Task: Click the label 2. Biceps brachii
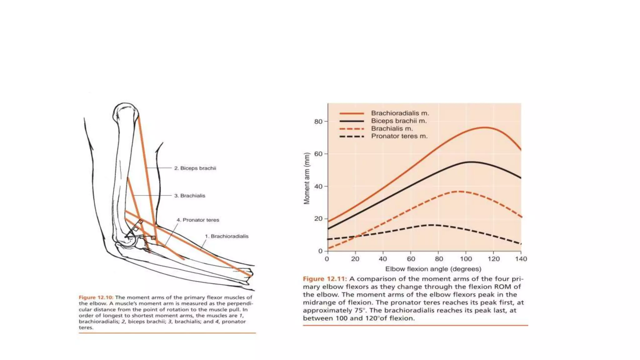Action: [195, 168]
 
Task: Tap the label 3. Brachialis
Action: [190, 196]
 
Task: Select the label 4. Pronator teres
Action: [198, 220]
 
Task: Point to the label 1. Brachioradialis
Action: [227, 236]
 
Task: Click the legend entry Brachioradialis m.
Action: [400, 113]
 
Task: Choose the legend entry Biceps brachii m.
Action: [398, 121]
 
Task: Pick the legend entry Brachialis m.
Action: [392, 128]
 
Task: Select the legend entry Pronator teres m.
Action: [399, 136]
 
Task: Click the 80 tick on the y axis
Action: [318, 122]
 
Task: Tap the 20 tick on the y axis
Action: [318, 219]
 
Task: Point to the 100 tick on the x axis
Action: [466, 259]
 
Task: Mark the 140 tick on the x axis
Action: [521, 259]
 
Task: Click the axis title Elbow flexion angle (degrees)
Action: [433, 269]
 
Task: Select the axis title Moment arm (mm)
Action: [307, 178]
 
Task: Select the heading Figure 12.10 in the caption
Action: [96, 297]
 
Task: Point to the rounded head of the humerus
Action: [125, 112]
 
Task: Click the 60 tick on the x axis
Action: [411, 259]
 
